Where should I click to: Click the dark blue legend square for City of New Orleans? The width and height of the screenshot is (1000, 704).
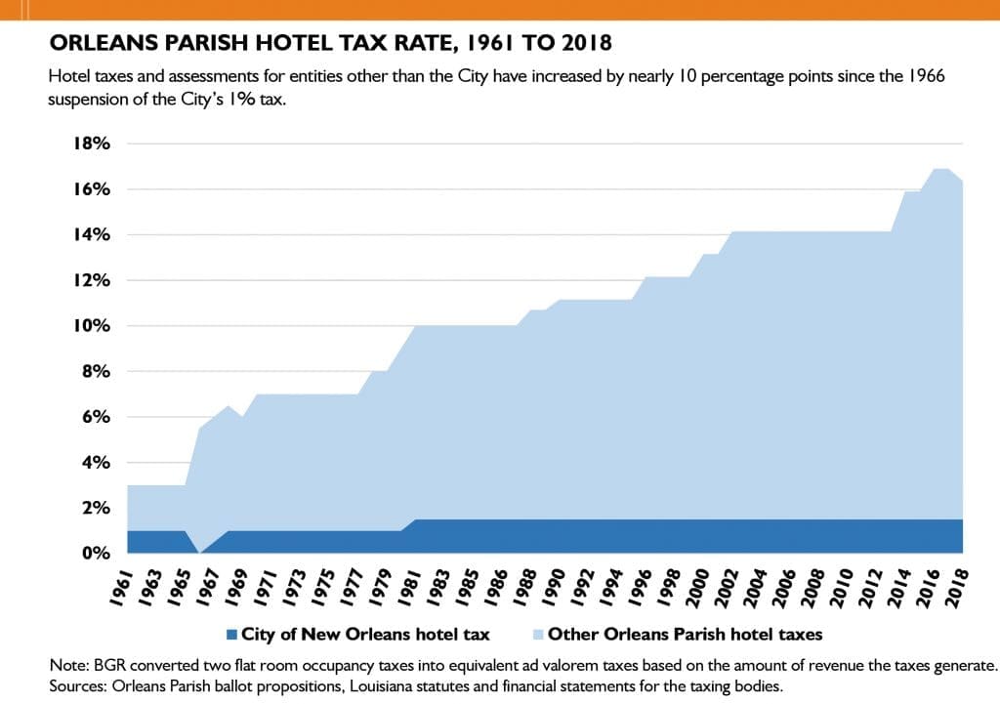[230, 635]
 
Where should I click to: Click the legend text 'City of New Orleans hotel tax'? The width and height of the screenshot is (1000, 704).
[365, 635]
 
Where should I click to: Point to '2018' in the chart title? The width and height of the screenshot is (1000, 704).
[584, 44]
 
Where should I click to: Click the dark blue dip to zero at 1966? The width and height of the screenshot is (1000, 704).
[199, 550]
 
